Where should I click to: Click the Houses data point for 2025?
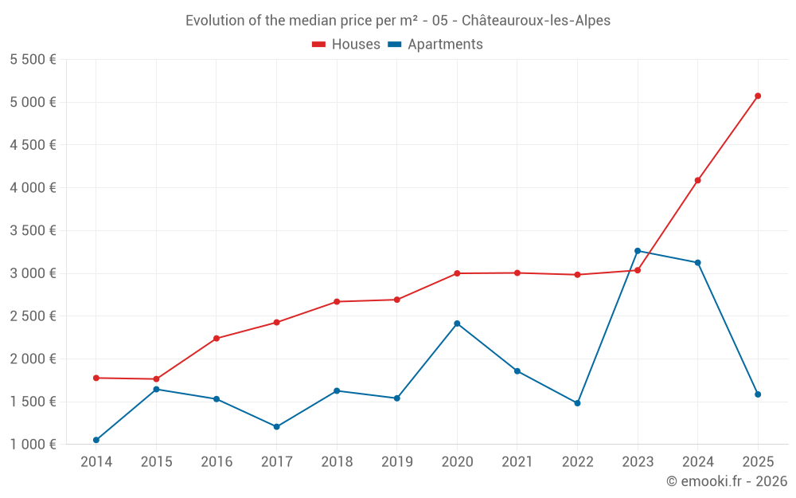(x=758, y=96)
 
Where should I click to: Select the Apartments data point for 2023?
(x=638, y=251)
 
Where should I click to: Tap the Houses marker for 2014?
(x=96, y=378)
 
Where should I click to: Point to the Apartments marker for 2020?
(x=457, y=324)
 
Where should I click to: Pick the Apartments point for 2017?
(x=276, y=427)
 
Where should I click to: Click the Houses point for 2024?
(x=697, y=180)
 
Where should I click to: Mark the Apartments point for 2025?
(x=758, y=394)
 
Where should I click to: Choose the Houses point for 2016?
(x=217, y=339)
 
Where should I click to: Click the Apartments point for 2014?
(x=96, y=440)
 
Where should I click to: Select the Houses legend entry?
(x=346, y=45)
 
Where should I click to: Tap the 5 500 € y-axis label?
(x=33, y=60)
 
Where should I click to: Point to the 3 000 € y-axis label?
(x=33, y=273)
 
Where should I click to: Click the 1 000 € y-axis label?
(x=33, y=445)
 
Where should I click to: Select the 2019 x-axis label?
(x=396, y=462)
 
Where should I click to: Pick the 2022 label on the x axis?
(x=577, y=462)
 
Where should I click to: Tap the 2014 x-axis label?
(x=96, y=462)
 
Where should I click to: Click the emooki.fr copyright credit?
(x=727, y=481)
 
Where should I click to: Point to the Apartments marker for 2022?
(x=577, y=403)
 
